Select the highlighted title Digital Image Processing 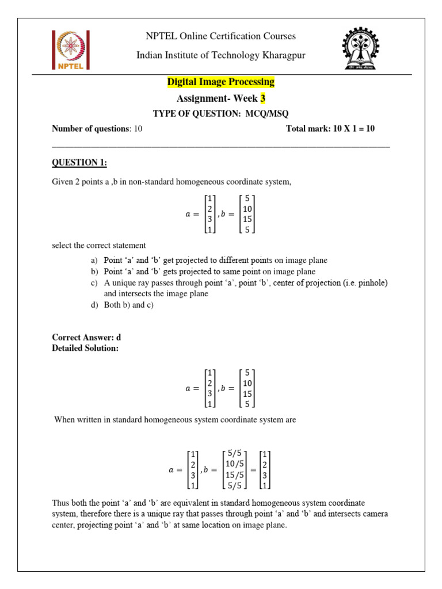point(220,82)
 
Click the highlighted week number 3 point(263,98)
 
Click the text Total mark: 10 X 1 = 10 point(330,128)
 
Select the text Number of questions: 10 point(97,128)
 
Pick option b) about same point point(209,271)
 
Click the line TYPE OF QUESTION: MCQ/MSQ point(220,114)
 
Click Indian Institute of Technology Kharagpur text point(220,55)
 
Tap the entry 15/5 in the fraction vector point(235,475)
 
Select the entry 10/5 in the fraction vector point(235,464)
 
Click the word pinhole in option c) point(371,282)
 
